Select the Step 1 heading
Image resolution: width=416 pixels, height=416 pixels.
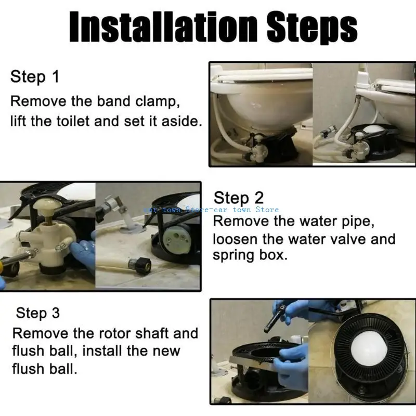[x=35, y=77]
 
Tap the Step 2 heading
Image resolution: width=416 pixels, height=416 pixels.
[x=239, y=198]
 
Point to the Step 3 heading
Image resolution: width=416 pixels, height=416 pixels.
[x=38, y=313]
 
